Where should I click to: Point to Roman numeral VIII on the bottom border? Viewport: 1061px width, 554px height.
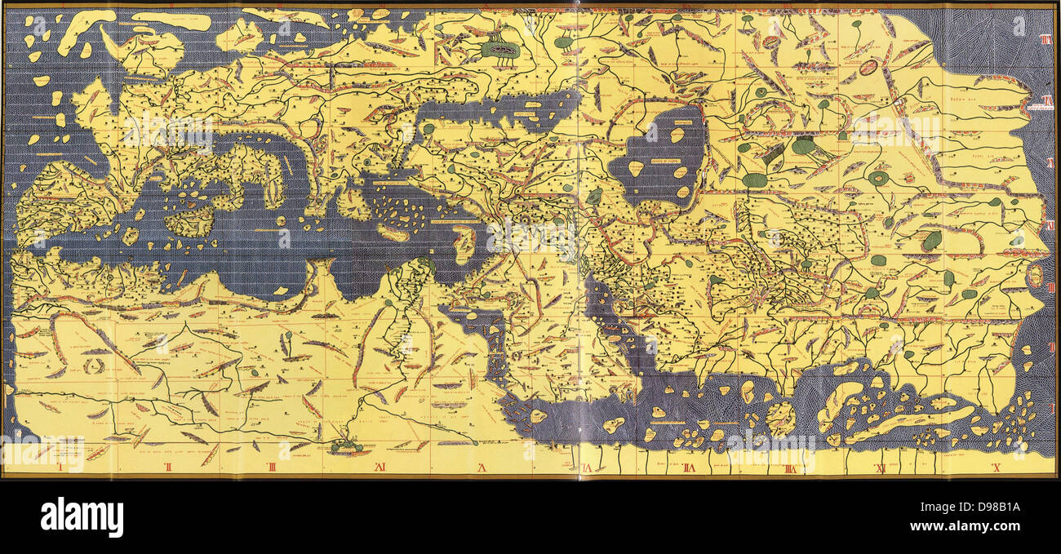[x=688, y=468]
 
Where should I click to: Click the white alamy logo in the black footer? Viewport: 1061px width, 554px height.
[x=82, y=517]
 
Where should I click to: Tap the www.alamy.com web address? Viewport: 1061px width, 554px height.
[x=988, y=528]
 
